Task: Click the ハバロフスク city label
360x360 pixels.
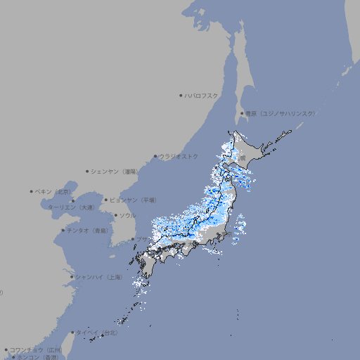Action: coord(202,95)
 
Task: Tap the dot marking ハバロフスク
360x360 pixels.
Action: coord(181,95)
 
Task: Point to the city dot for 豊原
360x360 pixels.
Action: coord(242,113)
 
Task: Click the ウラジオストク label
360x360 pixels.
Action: coord(179,156)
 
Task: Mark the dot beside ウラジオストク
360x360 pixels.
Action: coord(155,156)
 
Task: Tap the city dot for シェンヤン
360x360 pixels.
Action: coord(87,171)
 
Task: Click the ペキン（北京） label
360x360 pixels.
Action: coord(53,191)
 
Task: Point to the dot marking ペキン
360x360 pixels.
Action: coord(32,191)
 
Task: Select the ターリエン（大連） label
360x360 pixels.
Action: coord(70,207)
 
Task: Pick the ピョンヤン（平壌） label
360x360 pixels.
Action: coord(134,200)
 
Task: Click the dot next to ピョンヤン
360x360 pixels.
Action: coord(106,200)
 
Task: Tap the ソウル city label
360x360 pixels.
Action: coord(127,215)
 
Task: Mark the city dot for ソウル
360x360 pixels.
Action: coord(115,215)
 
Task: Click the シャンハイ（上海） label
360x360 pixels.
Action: coord(98,277)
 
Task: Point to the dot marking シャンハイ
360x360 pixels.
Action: coord(72,277)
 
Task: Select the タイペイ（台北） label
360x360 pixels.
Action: coord(96,332)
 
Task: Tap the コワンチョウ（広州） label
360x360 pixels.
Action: coord(36,349)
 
